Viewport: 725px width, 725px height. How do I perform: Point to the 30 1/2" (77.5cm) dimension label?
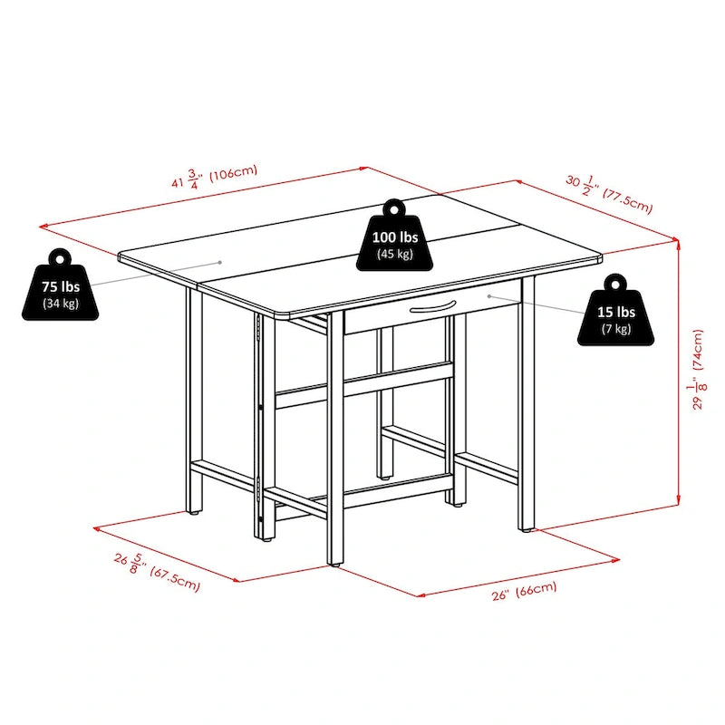609,191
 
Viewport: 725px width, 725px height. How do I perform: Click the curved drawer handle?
430,311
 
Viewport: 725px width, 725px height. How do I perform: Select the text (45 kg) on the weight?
395,254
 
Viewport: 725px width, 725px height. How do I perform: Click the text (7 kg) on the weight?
615,328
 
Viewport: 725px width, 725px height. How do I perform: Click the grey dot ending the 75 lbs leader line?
220,263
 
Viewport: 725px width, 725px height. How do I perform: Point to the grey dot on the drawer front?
489,295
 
